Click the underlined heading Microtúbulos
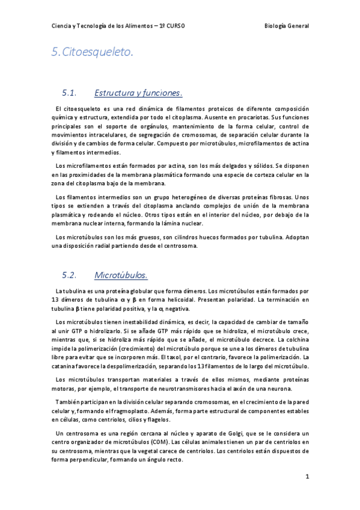(x=121, y=275)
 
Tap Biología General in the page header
(x=287, y=26)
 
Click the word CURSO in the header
(x=174, y=26)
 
